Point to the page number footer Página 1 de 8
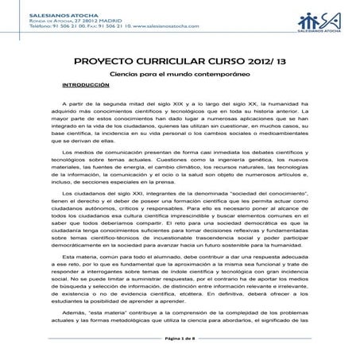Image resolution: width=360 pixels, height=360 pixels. [x=180, y=339]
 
